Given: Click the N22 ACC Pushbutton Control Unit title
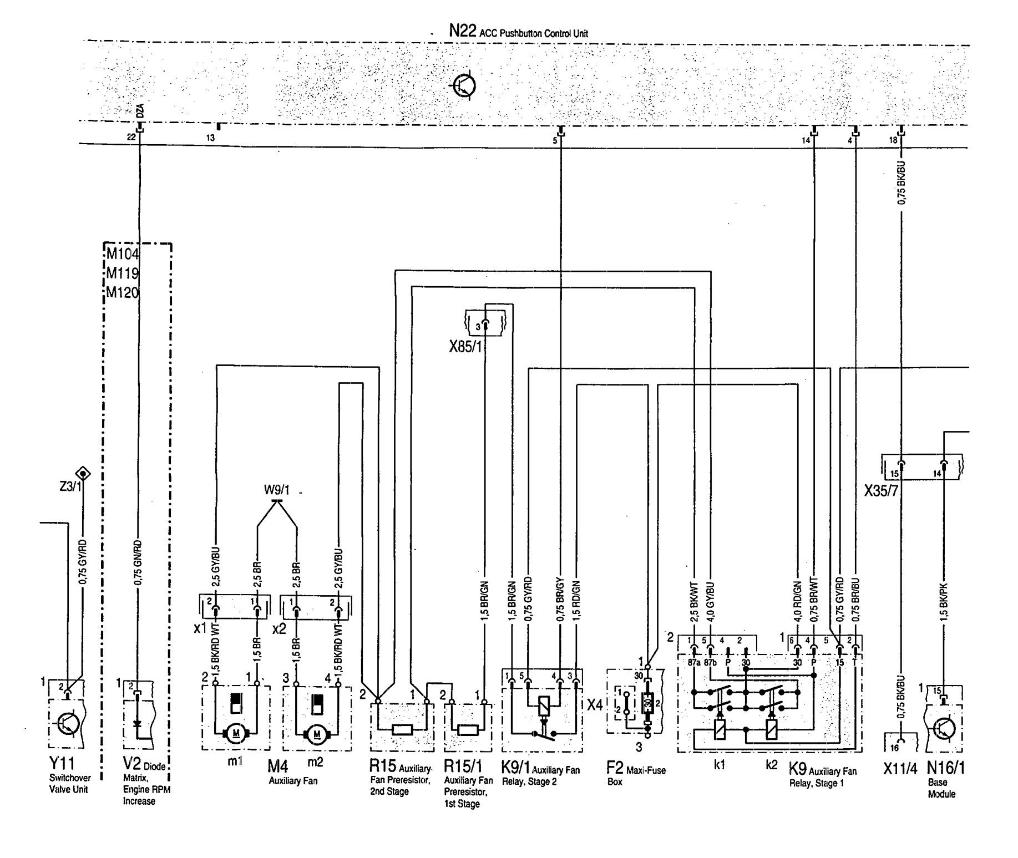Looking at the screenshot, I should (x=518, y=32).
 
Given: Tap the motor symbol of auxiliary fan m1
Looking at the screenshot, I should (x=236, y=733).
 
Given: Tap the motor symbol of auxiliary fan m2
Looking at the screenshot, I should (x=317, y=733).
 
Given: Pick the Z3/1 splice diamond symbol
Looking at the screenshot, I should (x=84, y=474).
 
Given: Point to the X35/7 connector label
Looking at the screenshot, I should (x=881, y=491).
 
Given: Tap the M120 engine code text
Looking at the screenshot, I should (x=122, y=292).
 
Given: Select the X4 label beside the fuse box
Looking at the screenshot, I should (x=595, y=705).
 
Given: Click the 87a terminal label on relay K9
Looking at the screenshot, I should (x=692, y=662).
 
